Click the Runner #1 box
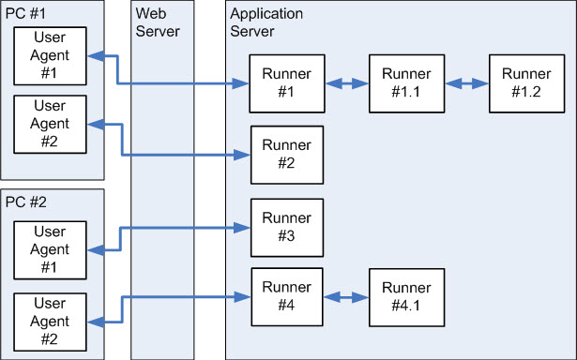(x=286, y=84)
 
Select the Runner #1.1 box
(x=406, y=84)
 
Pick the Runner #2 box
(x=286, y=155)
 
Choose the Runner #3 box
(x=286, y=228)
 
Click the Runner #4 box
(x=286, y=296)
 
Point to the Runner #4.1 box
(x=406, y=296)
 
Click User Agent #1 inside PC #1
(x=49, y=55)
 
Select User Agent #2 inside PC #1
(x=49, y=125)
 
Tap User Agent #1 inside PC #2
(x=49, y=249)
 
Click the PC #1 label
(x=25, y=13)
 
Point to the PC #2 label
(x=25, y=202)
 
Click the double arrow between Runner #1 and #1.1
(x=345, y=84)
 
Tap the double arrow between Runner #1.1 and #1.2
(x=465, y=84)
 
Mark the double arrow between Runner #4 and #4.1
(x=345, y=296)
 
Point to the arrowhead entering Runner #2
(x=241, y=155)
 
